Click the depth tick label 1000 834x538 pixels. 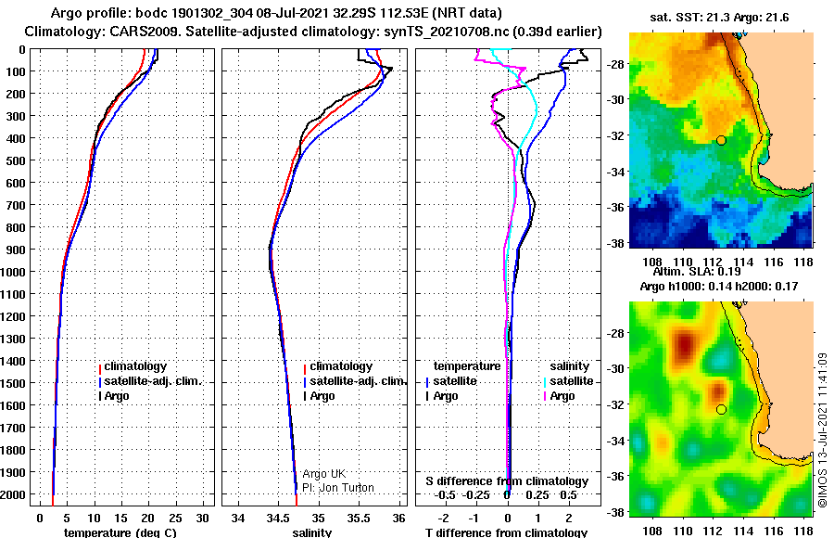13,272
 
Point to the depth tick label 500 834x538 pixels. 16,160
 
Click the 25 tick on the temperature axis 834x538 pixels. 175,518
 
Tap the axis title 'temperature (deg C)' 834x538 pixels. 120,532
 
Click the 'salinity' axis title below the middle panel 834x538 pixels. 312,532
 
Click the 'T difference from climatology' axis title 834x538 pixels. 506,532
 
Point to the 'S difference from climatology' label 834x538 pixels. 507,481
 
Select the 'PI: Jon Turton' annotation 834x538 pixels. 338,487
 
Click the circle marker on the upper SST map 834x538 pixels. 721,141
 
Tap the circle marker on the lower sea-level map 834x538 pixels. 721,410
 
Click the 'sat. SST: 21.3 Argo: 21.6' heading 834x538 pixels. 719,18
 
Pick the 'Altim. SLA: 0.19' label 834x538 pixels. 697,272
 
